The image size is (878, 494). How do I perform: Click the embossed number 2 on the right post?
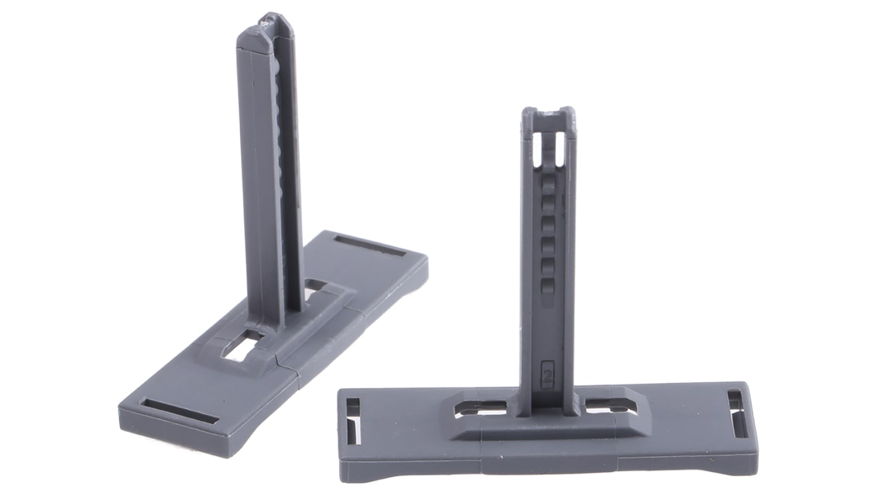(x=547, y=374)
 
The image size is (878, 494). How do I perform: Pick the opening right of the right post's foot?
(x=605, y=407)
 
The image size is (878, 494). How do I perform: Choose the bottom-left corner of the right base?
(x=342, y=479)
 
